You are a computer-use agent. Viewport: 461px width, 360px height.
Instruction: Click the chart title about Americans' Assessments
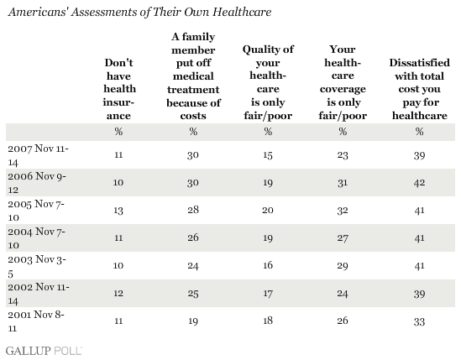[139, 12]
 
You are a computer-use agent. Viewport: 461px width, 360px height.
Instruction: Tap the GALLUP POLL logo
[44, 351]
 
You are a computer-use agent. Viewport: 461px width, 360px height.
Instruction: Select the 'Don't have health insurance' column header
[118, 89]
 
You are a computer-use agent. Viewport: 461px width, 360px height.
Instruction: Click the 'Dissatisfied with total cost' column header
[420, 89]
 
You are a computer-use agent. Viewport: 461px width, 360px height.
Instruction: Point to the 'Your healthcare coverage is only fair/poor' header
[343, 82]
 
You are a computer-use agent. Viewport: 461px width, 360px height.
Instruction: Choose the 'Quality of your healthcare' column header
[268, 82]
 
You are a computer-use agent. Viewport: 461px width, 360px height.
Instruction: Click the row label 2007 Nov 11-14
[38, 155]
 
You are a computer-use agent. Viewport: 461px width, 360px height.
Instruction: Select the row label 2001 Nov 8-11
[36, 321]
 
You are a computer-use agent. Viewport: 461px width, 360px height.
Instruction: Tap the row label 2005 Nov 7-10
[36, 210]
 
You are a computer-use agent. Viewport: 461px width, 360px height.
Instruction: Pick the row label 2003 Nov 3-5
[37, 266]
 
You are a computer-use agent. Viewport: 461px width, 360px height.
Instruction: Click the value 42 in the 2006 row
[419, 183]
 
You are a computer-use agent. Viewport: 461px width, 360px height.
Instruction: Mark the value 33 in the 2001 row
[419, 321]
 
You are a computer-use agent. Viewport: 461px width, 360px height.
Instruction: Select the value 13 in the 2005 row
[118, 211]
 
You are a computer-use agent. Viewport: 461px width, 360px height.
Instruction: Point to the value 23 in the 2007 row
[343, 155]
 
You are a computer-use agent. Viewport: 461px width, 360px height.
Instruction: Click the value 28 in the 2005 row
[193, 210]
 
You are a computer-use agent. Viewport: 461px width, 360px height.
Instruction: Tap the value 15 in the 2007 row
[268, 155]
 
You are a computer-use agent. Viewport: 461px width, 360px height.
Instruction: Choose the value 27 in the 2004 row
[343, 237]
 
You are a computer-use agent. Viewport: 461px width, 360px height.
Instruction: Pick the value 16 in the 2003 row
[268, 265]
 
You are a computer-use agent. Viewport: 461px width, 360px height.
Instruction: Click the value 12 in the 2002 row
[118, 293]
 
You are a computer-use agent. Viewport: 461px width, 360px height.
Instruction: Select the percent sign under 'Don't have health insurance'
[118, 132]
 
